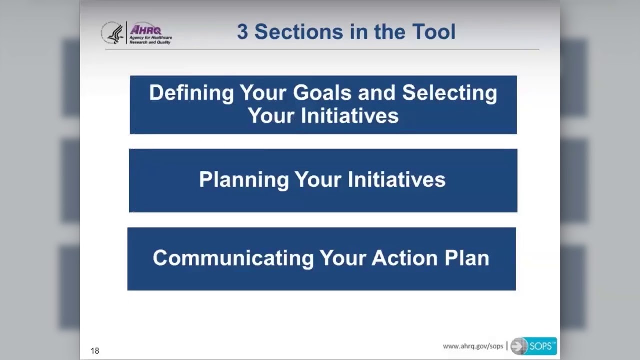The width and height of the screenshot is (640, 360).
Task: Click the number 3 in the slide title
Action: coord(242,32)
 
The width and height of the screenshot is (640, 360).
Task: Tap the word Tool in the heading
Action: coord(434,32)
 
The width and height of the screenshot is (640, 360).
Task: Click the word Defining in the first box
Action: coord(191,93)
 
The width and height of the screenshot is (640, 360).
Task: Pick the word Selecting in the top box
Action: coord(449,93)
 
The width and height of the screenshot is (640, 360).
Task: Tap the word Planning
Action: coord(244,180)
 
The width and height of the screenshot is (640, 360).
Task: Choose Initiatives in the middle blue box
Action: coord(396,180)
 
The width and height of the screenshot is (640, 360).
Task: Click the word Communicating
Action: coord(233,258)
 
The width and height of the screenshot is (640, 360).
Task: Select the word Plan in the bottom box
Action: coord(467,258)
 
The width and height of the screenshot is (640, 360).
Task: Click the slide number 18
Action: coord(95,351)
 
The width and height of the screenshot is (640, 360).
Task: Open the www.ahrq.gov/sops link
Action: coord(473,346)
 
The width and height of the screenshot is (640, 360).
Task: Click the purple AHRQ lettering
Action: coord(145,30)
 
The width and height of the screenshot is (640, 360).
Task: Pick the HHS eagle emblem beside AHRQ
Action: coord(113,33)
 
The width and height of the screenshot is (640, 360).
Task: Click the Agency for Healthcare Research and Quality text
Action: coord(150,40)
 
